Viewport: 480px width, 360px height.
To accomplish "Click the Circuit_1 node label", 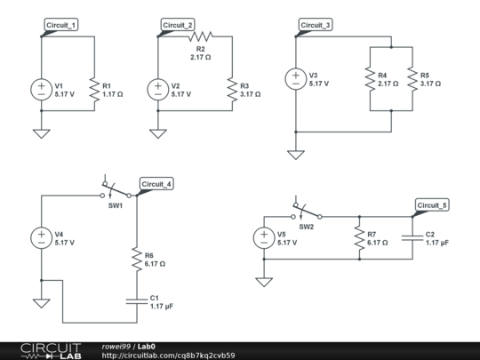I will pos(60,25).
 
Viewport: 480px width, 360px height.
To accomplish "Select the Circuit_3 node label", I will pos(315,25).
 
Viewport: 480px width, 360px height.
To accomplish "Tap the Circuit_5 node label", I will pos(433,205).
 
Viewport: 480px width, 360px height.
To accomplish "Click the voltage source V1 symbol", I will pos(41,89).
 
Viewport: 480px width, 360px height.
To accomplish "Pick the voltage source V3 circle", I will pos(294,78).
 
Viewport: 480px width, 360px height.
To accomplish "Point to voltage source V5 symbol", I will pos(263,237).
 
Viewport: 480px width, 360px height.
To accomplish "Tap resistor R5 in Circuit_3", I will pos(412,78).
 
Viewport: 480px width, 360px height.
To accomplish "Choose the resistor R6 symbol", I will pos(136,260).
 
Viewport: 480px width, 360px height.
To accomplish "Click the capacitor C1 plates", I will pos(136,300).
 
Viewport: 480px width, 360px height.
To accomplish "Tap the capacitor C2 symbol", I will pos(412,237).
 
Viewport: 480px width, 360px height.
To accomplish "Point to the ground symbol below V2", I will pos(157,133).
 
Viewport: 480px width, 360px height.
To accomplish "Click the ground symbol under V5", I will pos(263,282).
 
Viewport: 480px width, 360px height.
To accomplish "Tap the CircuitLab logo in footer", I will pos(51,349).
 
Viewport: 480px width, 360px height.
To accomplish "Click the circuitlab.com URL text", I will pos(169,355).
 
